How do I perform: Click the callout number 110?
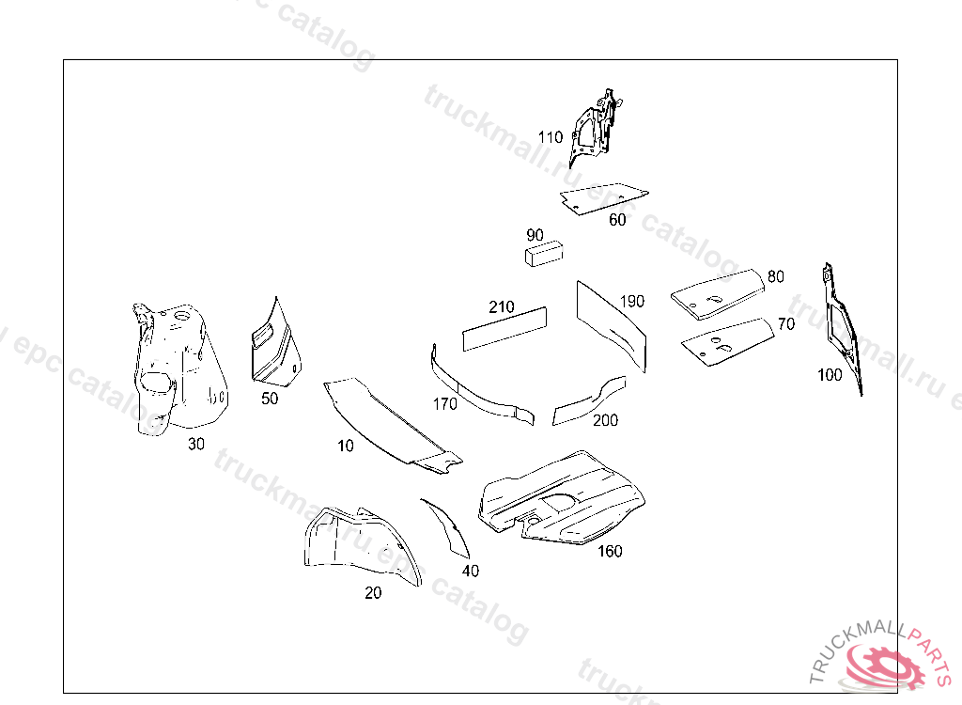(x=550, y=137)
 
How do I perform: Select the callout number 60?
(x=617, y=220)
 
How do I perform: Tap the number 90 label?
(x=535, y=234)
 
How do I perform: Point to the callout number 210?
(x=502, y=307)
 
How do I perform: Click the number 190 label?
(x=632, y=302)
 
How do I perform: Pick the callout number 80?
(x=775, y=276)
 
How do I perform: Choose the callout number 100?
(x=830, y=375)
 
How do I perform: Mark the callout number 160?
(x=610, y=551)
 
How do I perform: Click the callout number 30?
(x=195, y=444)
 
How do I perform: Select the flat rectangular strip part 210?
(x=504, y=328)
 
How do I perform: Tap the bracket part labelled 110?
(x=593, y=127)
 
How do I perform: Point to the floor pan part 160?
(x=564, y=498)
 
